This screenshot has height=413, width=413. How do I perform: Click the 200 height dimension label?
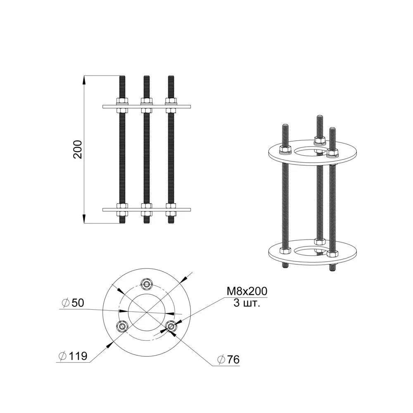(78, 150)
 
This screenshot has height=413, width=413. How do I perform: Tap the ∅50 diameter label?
(73, 303)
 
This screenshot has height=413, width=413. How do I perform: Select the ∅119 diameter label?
(73, 356)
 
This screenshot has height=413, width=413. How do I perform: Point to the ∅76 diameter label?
(228, 360)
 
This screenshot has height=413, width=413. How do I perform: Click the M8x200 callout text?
(247, 291)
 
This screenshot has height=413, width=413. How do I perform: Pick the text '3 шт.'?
(247, 303)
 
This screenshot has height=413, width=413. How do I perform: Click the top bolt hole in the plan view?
(147, 284)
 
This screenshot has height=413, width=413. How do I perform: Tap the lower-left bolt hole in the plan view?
(122, 327)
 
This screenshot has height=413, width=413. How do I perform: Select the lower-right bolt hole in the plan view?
(171, 327)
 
